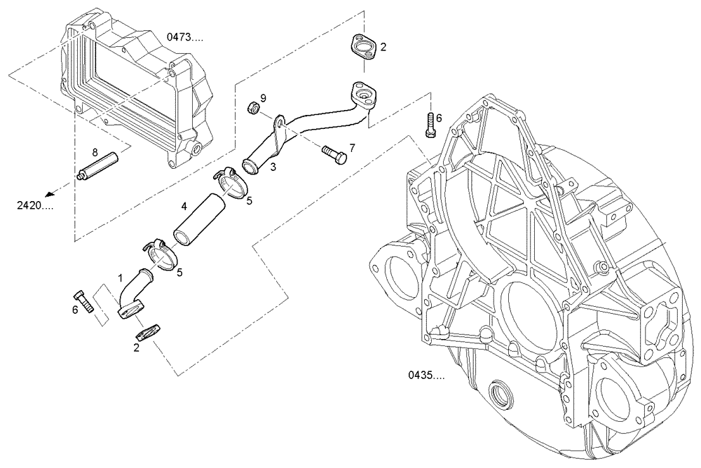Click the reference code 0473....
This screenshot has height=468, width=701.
tap(185, 38)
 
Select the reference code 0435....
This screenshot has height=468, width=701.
tap(426, 376)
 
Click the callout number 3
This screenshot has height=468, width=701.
tap(273, 167)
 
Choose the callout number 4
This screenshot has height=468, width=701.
tap(184, 206)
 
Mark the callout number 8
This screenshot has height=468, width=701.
tap(94, 151)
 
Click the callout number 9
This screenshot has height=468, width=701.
tap(263, 97)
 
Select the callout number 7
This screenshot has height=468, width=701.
tap(352, 148)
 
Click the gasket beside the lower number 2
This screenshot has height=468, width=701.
tap(149, 330)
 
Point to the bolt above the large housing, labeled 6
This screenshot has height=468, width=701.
tap(430, 126)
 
